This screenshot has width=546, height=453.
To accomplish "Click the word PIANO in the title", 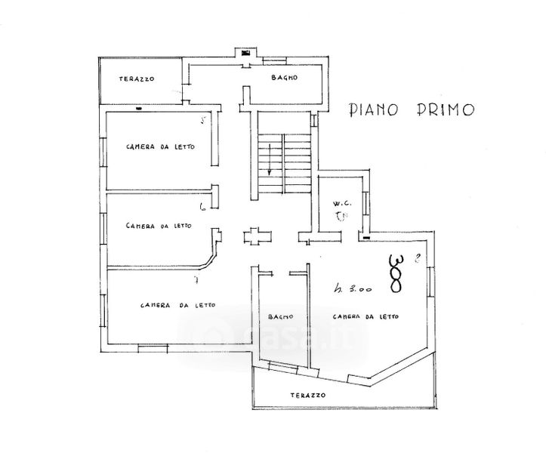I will pyautogui.click(x=376, y=109).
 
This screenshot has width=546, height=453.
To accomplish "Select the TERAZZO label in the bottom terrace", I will pyautogui.click(x=307, y=396).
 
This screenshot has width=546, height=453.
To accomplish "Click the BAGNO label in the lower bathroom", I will pyautogui.click(x=275, y=316).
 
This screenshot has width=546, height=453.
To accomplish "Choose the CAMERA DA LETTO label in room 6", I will pyautogui.click(x=159, y=225).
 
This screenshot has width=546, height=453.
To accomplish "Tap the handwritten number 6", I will pyautogui.click(x=202, y=206).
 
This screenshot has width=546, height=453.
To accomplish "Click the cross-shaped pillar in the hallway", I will pyautogui.click(x=255, y=236).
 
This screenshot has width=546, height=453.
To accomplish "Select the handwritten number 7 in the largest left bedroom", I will pyautogui.click(x=196, y=282).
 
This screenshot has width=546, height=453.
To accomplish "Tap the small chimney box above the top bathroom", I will pyautogui.click(x=245, y=54).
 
